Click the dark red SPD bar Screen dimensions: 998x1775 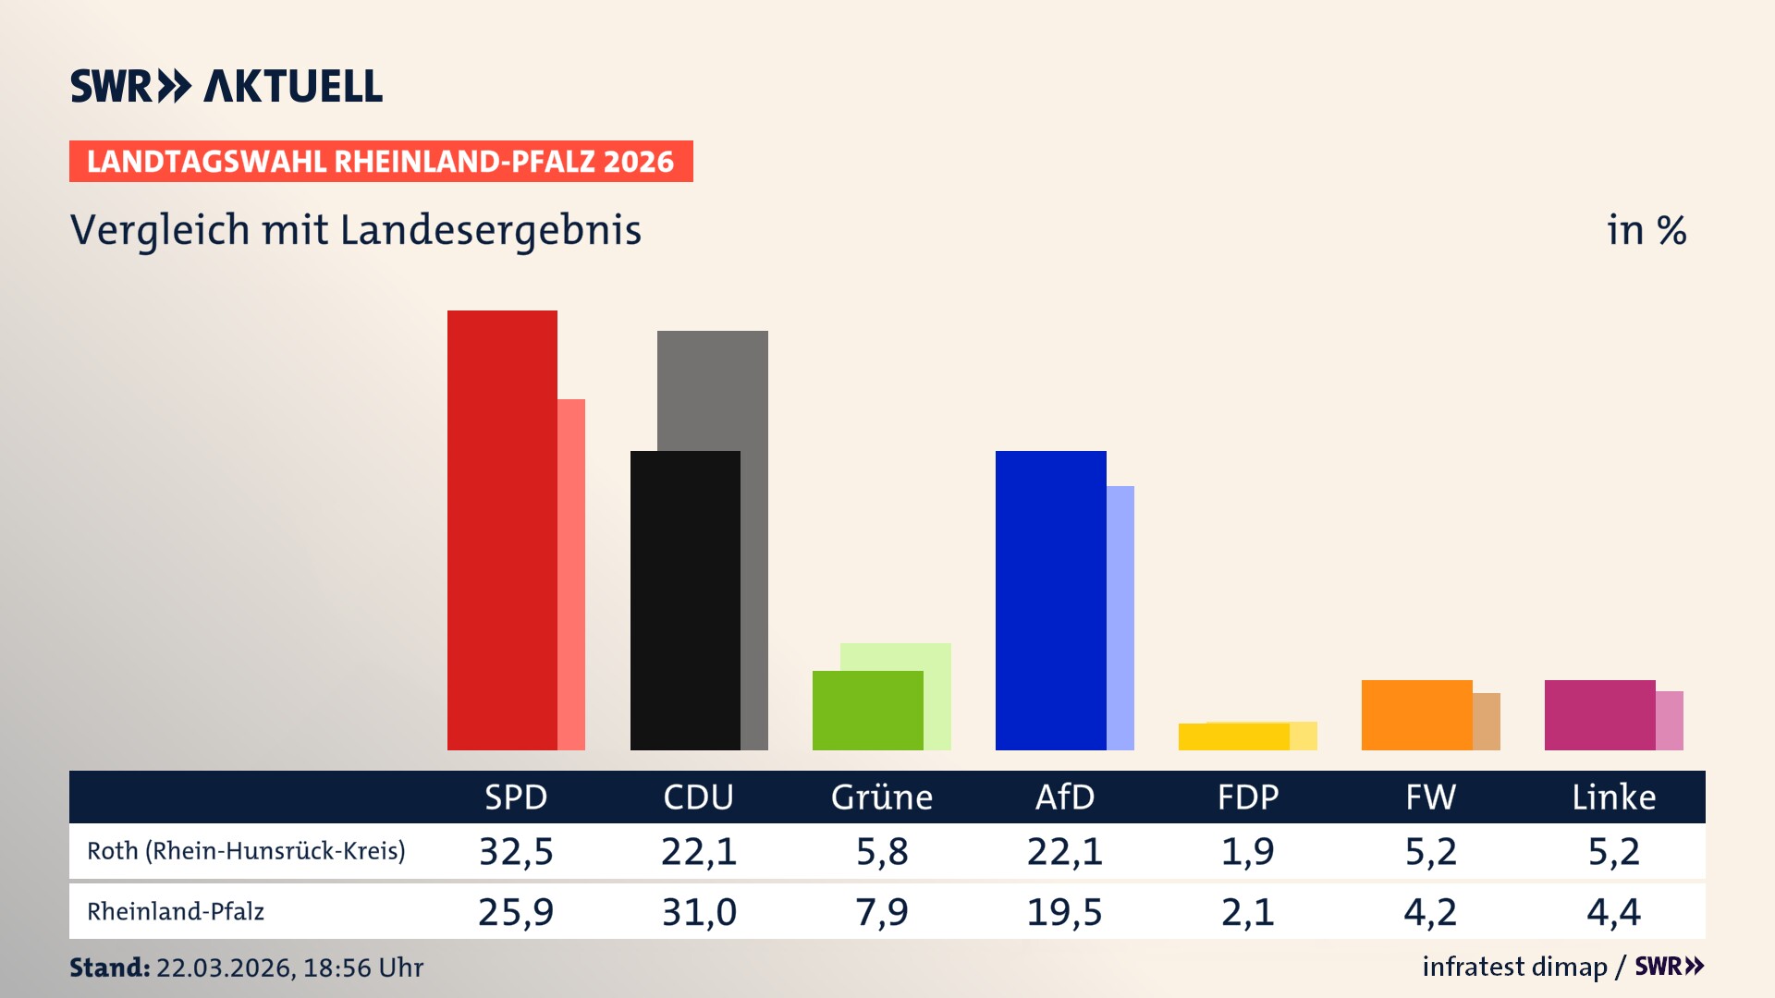click(502, 530)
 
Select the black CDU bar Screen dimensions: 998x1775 click(685, 601)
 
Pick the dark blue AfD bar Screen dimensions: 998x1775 click(1050, 601)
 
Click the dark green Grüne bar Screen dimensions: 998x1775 click(867, 710)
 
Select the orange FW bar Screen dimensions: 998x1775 click(1416, 714)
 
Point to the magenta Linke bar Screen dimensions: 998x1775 click(1599, 714)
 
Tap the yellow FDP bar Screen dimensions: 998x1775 click(1233, 736)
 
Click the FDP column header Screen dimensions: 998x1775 click(1247, 797)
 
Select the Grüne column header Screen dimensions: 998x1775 click(881, 797)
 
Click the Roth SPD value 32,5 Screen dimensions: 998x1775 click(516, 851)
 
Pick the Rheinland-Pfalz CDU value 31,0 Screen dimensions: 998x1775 click(699, 912)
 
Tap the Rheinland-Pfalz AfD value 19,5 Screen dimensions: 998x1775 click(1064, 912)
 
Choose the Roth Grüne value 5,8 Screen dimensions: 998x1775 click(881, 851)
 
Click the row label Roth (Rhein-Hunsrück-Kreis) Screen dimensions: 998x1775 click(246, 851)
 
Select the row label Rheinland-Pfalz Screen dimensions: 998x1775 click(176, 912)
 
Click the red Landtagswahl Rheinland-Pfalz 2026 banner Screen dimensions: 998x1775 click(381, 161)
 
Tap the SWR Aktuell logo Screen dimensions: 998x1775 click(226, 86)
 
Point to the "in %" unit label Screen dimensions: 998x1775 click(1646, 230)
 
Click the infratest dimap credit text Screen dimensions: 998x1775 click(1514, 967)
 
